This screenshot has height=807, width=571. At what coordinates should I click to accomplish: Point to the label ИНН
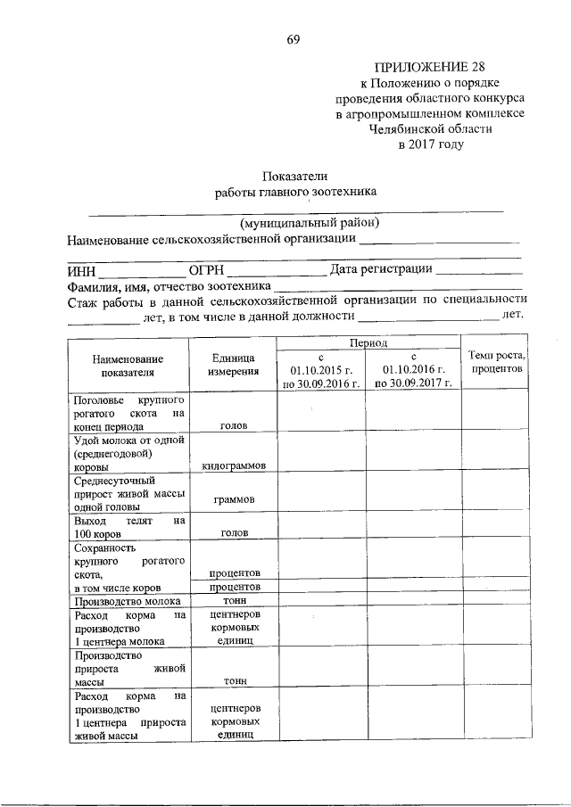coord(81,270)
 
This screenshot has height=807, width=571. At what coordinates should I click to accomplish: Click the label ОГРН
coord(206,270)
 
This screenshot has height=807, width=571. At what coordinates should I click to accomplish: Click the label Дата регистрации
coord(381,269)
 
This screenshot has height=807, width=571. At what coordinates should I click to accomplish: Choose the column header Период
coord(368,342)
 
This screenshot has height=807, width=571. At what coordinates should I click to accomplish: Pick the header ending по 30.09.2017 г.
coord(412,383)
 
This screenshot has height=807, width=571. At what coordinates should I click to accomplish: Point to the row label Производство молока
coord(128,602)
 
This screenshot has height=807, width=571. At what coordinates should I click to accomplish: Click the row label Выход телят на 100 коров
coord(128,527)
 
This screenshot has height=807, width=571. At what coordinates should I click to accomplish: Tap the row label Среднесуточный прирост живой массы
coord(128,494)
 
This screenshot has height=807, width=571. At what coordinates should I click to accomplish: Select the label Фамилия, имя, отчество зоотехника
coord(169,286)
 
